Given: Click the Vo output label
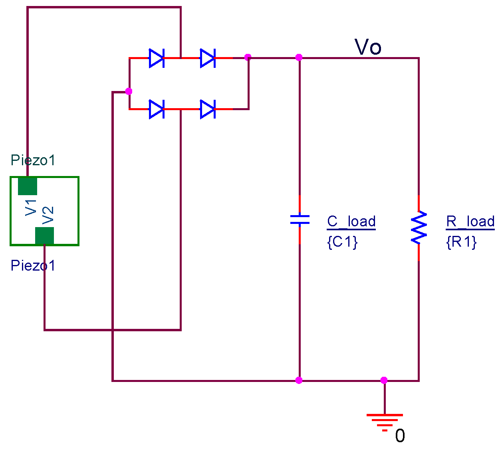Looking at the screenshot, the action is pos(368,47).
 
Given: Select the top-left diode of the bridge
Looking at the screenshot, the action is pos(157,58).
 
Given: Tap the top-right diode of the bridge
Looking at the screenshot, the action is pos(208,58).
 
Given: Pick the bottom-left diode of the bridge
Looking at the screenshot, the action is pos(157,109).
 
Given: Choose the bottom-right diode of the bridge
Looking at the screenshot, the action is pos(208,109).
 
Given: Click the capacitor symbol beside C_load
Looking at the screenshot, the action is pos(300,220).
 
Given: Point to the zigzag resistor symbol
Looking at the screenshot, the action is pos(419,227).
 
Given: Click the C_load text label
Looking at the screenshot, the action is pos(351,222).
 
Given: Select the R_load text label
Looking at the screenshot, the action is pos(470,222).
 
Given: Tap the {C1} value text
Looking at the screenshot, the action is pos(342,241).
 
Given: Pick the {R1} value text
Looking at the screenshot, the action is pos(461,241).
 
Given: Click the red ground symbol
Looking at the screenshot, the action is pos(385,423).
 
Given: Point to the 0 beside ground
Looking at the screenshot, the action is pos(400,436).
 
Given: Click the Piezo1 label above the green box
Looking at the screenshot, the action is pos(33,160).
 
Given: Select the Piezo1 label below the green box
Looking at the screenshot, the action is pos(33,265).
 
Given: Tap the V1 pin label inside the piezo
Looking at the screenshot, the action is pos(31,208).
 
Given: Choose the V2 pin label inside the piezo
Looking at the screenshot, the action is pos(48,215).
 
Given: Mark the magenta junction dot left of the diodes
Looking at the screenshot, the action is pos(129,91).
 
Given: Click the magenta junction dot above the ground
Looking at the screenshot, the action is pos(384,380).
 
